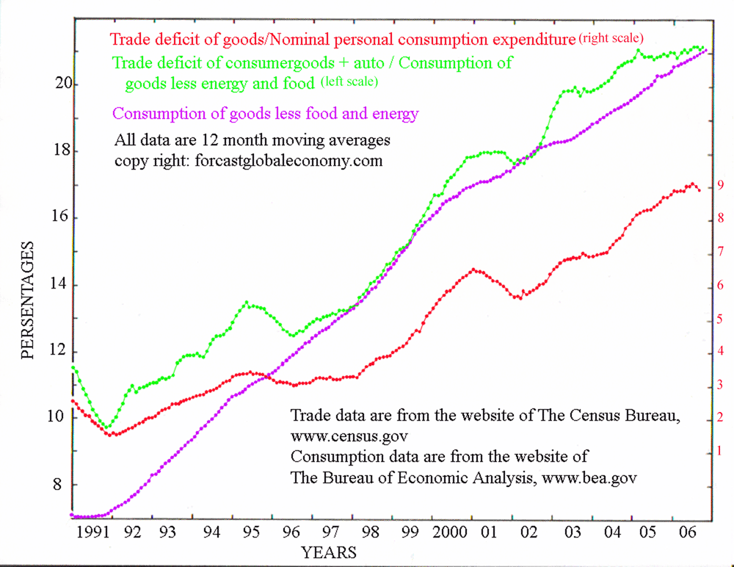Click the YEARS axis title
pyautogui.click(x=328, y=552)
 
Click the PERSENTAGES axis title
pyautogui.click(x=28, y=299)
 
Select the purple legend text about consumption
pyautogui.click(x=265, y=114)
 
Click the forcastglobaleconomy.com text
pyautogui.click(x=289, y=161)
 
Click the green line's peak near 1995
pyautogui.click(x=247, y=302)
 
